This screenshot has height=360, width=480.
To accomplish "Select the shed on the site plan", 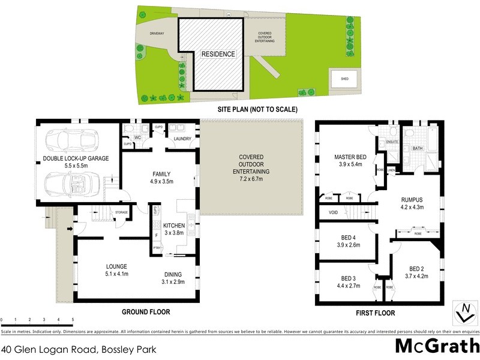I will [344, 78].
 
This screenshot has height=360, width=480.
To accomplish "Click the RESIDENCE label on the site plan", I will [218, 54].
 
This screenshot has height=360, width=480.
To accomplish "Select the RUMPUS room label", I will [412, 200].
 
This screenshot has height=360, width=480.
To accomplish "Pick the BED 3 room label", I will [349, 278].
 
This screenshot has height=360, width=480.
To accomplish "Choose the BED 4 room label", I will [349, 237].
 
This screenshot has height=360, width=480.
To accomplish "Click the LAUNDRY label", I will [182, 139].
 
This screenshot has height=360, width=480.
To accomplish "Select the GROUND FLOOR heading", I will [146, 312].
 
